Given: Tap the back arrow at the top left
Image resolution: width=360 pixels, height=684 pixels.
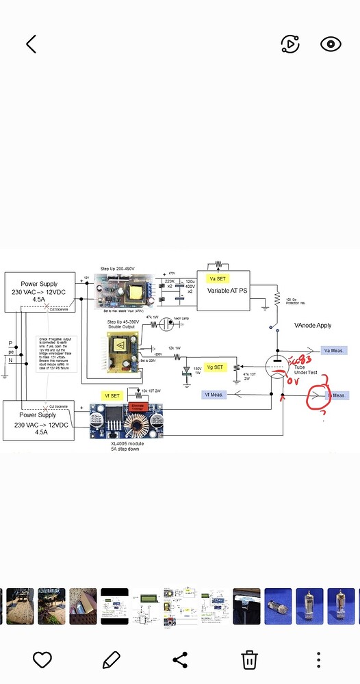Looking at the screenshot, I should pos(31,44).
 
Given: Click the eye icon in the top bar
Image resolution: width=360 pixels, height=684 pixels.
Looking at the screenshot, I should pos(331,44).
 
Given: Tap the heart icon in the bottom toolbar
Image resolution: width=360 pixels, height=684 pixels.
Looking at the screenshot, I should pos(42,659).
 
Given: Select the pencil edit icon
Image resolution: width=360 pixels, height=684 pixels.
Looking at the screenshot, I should pos(111,659).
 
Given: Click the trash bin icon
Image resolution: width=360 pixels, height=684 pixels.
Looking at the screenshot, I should pos(249,659).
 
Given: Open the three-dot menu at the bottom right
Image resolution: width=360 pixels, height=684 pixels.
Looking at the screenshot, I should pos(319,659).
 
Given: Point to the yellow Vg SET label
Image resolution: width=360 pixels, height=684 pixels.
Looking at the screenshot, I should pos(214,367).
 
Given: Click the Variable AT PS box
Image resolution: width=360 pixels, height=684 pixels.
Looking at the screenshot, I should pos(222,290).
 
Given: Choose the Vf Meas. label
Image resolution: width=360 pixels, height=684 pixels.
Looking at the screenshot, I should pos(214,394).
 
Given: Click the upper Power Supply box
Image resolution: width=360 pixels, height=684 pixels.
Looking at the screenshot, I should pos(38,291).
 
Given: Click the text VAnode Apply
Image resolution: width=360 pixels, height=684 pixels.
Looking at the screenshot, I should pos(313,326).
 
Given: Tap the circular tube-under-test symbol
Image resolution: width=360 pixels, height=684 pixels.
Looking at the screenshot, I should pos(277,369).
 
